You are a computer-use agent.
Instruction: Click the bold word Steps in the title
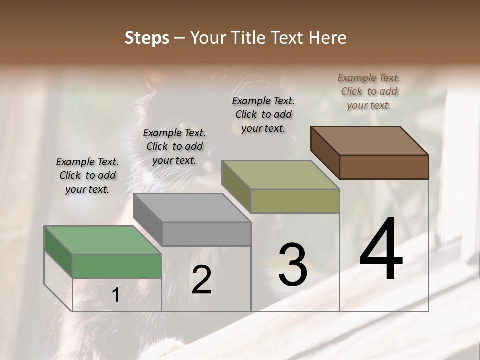tap(147, 38)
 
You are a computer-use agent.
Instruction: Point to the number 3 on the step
tap(293, 264)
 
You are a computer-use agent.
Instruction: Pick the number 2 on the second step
tap(201, 280)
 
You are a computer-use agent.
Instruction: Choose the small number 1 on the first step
tap(115, 295)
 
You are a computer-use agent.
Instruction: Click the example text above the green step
tap(87, 175)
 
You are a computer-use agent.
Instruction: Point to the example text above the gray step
tap(174, 146)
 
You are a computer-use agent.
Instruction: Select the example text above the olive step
tap(263, 114)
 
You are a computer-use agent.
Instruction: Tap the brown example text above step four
tap(369, 91)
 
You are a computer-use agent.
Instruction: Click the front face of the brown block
tap(384, 167)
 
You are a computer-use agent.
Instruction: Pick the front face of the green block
tap(117, 266)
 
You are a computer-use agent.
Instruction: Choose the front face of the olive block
tap(295, 201)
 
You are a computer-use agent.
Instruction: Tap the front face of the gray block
tap(206, 234)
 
